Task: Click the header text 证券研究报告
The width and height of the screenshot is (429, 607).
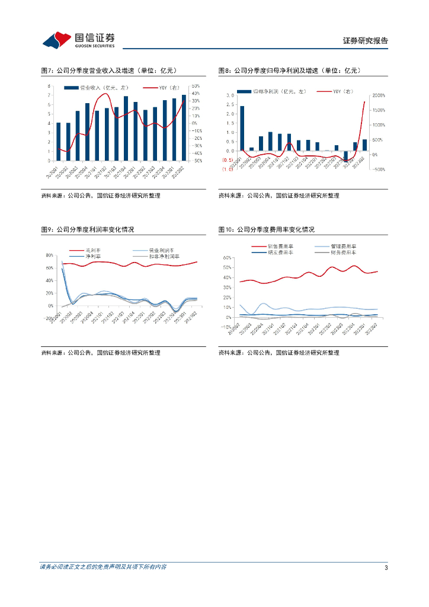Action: pyautogui.click(x=366, y=41)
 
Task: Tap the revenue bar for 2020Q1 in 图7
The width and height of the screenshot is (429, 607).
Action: pyautogui.click(x=58, y=141)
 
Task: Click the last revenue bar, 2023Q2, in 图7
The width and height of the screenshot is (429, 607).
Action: pyautogui.click(x=184, y=127)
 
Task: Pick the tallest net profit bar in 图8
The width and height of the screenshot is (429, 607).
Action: pyautogui.click(x=242, y=128)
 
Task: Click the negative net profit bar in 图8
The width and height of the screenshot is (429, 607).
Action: pyautogui.click(x=346, y=156)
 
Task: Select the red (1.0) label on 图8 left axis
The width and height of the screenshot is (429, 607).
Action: pyautogui.click(x=227, y=169)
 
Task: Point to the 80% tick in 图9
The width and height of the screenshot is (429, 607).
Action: pyautogui.click(x=49, y=255)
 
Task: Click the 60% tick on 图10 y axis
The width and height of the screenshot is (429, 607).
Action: pyautogui.click(x=226, y=258)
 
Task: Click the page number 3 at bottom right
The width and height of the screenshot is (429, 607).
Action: pyautogui.click(x=386, y=568)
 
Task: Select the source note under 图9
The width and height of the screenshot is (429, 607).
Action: pyautogui.click(x=101, y=353)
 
